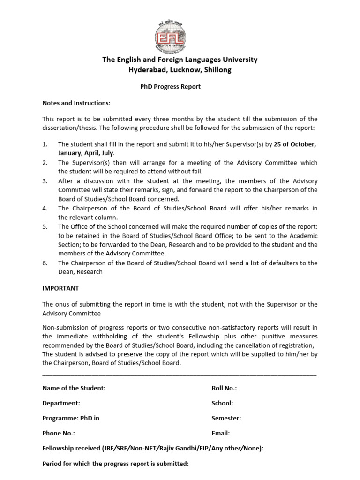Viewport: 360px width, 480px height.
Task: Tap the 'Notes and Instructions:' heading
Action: (76, 103)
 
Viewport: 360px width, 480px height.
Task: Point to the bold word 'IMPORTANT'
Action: (60, 288)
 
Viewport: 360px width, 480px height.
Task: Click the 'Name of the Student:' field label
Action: (74, 388)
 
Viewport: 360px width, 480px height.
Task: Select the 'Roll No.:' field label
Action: (224, 388)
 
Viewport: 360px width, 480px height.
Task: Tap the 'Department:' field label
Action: (61, 403)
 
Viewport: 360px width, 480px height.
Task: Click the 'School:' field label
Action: (222, 403)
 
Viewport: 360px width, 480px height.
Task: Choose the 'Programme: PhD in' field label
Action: (71, 418)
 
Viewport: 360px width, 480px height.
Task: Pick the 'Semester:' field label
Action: (226, 418)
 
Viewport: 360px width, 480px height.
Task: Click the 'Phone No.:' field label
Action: (59, 434)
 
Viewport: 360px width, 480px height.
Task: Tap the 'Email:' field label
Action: (221, 434)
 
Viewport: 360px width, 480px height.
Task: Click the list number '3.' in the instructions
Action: (45, 181)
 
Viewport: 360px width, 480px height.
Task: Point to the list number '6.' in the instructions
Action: (45, 263)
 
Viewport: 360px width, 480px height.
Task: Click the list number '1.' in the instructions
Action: (45, 144)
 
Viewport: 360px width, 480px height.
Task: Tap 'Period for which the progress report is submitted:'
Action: (115, 464)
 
